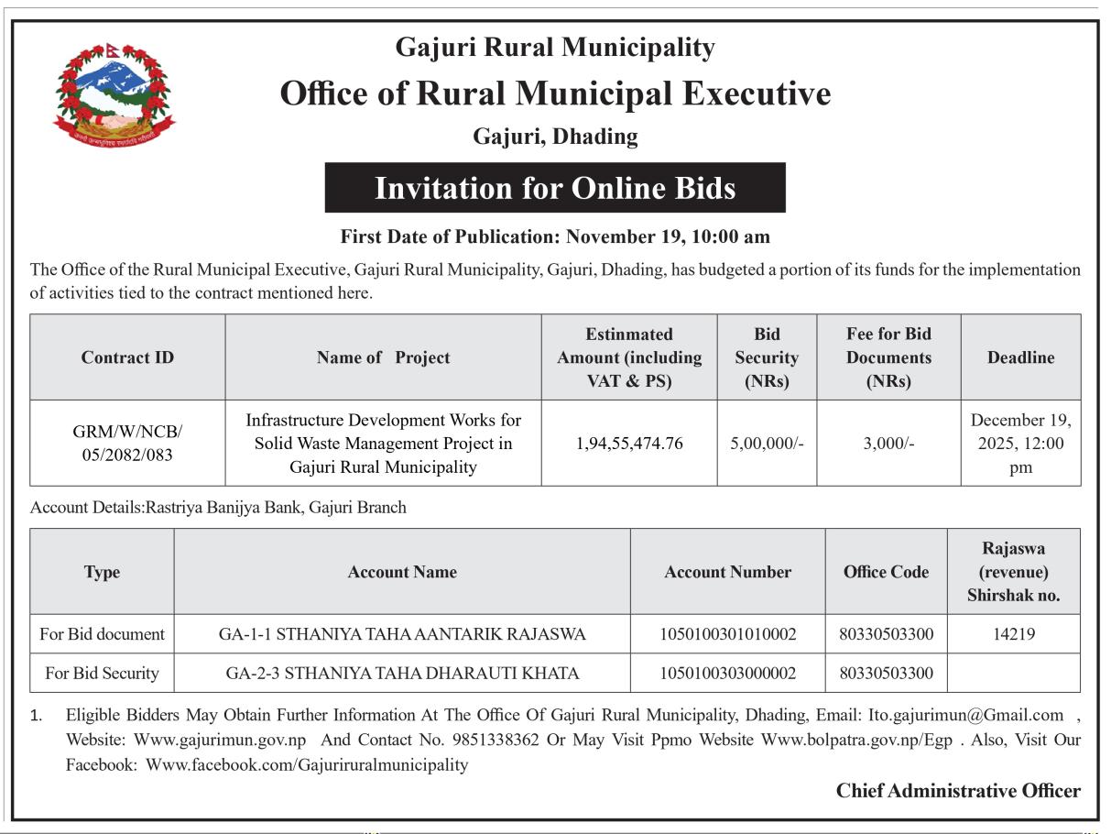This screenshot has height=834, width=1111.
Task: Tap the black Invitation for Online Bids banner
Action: pos(555,188)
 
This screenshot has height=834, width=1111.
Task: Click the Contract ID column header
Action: pos(127,357)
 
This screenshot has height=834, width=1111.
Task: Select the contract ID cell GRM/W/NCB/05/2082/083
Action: pos(127,443)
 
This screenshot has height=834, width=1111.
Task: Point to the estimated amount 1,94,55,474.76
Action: pos(629,444)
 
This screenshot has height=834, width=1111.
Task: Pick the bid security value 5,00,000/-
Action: pos(766,444)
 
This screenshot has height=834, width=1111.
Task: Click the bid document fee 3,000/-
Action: pos(888,444)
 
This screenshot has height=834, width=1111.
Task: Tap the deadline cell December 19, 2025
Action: pos(1020,444)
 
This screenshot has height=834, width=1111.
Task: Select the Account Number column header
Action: pos(728,572)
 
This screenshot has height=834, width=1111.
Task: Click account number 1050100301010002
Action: pos(728,634)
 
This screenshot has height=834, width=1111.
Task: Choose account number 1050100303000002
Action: pos(728,674)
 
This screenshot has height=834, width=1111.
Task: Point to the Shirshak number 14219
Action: pos(1014,634)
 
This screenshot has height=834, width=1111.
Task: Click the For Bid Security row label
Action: pos(102,674)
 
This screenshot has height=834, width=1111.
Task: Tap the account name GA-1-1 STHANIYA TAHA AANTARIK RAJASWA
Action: pos(402,634)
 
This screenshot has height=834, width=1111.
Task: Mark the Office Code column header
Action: pos(886,572)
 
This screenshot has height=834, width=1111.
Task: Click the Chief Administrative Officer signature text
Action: pos(958,791)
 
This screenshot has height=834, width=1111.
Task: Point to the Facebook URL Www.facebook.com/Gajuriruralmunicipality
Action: pos(307,764)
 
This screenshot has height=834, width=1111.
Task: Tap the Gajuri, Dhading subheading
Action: pos(555,137)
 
